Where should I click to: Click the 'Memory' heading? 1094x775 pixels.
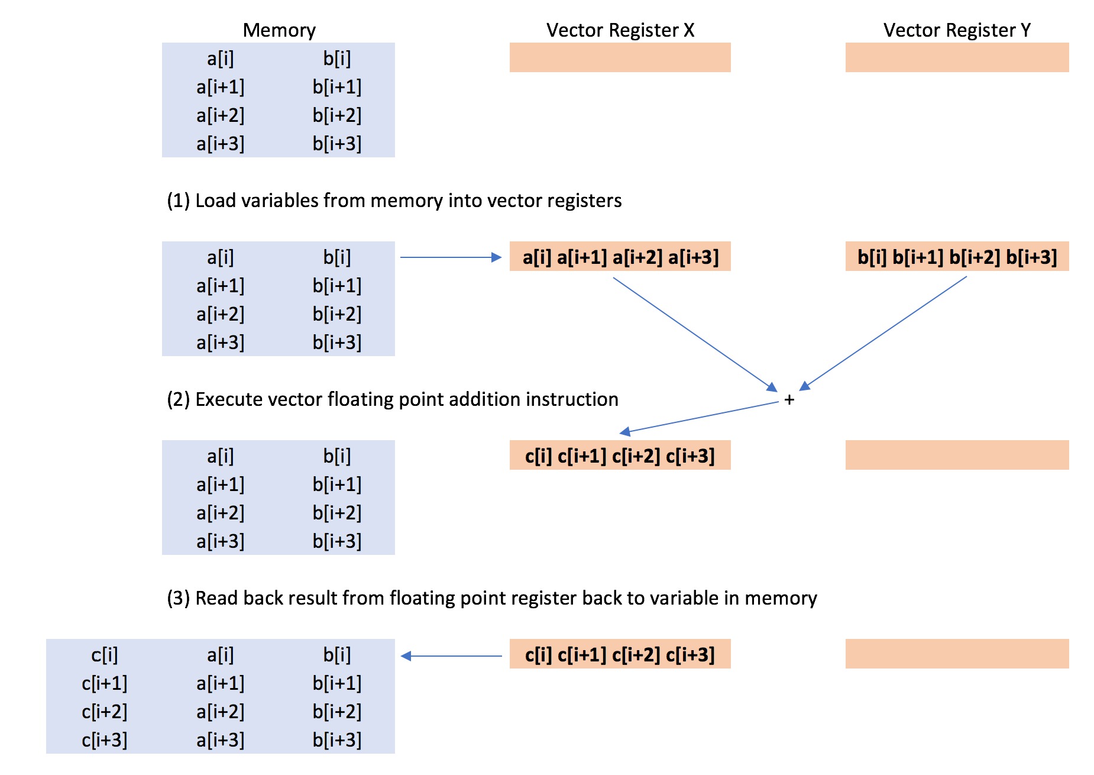point(279,30)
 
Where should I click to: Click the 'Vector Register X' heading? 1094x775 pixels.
point(620,30)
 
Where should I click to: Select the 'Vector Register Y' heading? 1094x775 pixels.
point(956,30)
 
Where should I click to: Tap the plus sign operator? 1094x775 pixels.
point(789,401)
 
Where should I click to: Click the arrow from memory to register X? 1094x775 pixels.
point(450,257)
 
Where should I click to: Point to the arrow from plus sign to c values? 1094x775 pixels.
point(698,418)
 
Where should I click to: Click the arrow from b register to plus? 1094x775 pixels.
point(884,332)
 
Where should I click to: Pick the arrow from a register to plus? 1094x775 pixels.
point(695,334)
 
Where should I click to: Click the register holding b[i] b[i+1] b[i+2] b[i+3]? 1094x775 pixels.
point(957,257)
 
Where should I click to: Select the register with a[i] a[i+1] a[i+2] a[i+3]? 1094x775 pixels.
point(620,257)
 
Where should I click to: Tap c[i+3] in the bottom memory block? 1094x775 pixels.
point(105,740)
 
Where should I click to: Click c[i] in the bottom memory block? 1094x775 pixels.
point(105,655)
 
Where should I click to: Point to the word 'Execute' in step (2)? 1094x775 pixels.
point(228,399)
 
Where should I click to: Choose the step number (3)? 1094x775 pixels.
point(178,598)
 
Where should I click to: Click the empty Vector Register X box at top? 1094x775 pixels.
point(620,57)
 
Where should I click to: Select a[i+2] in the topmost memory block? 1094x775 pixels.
point(220,115)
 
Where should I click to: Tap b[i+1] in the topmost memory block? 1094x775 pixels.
point(336,87)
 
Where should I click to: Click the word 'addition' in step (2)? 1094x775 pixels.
point(484,399)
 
